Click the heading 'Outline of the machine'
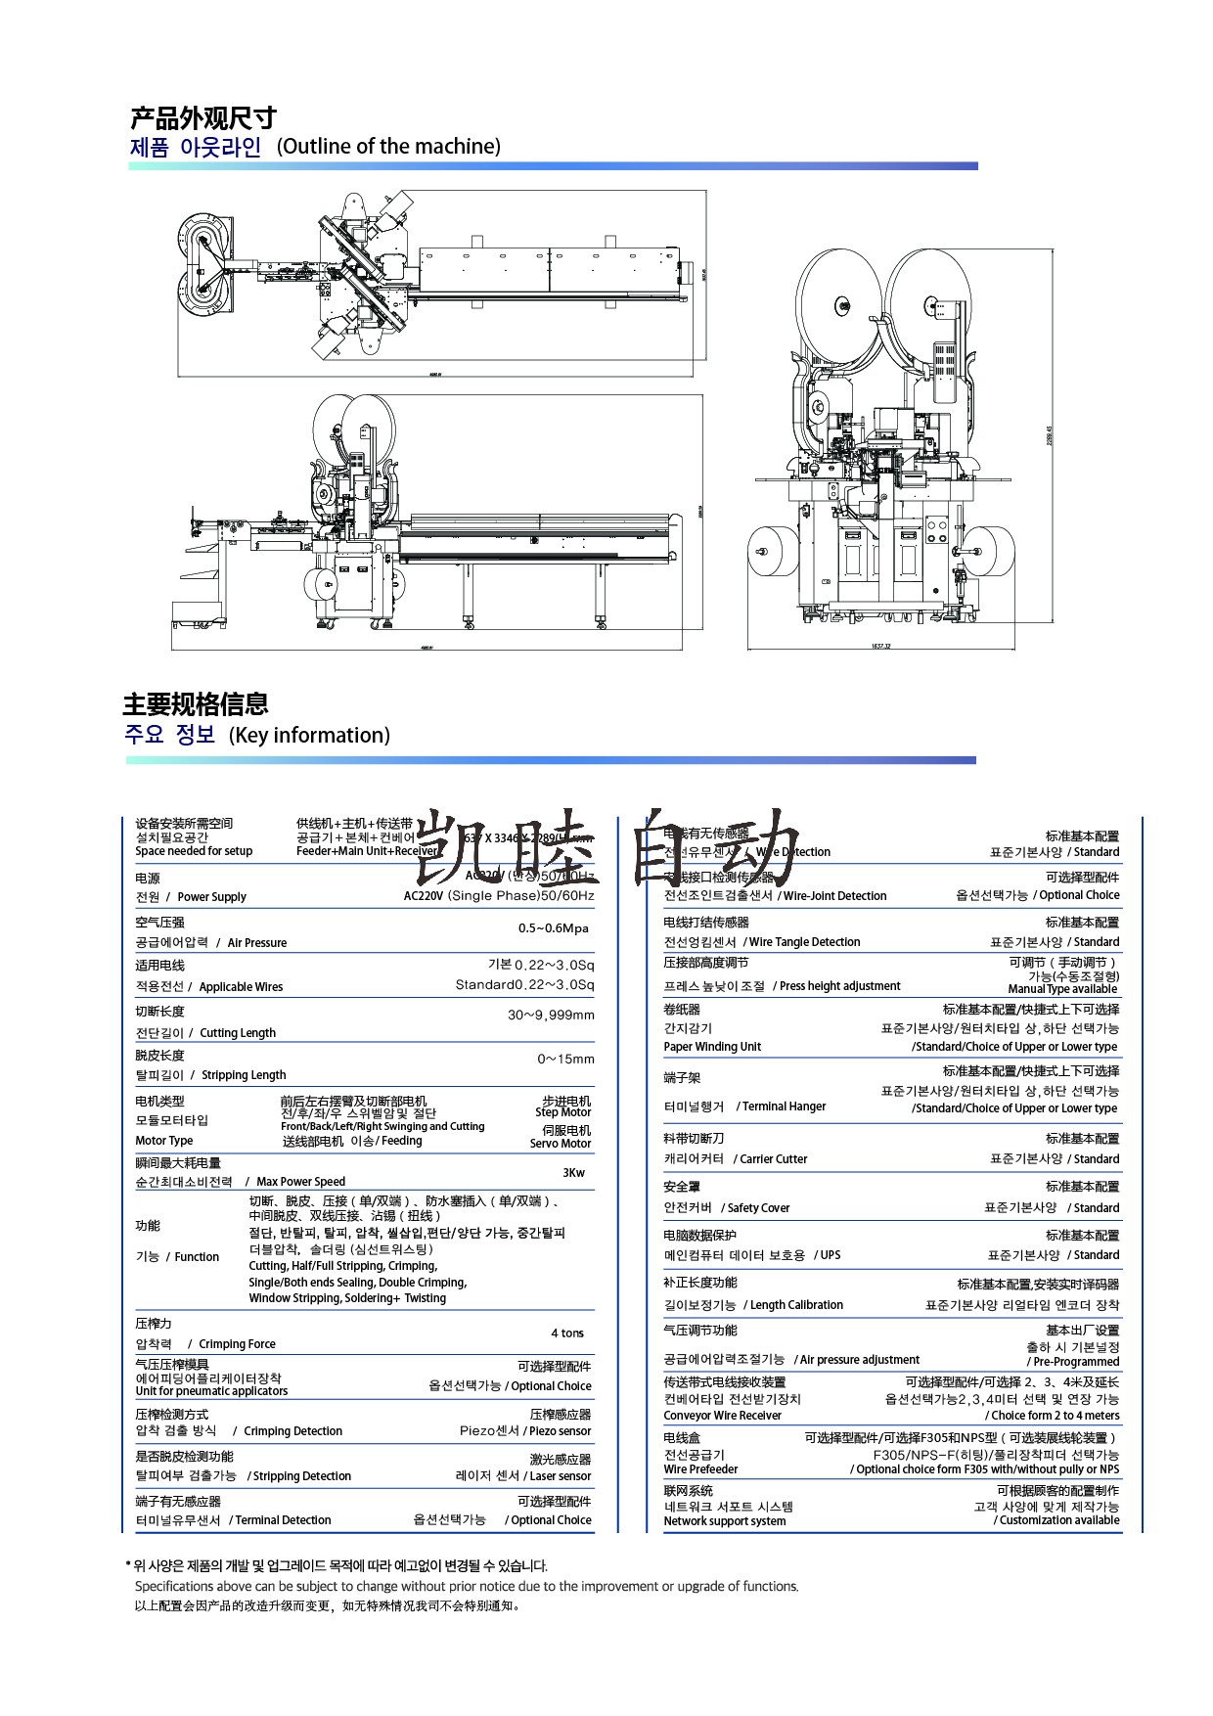click(x=388, y=147)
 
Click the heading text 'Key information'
click(x=309, y=736)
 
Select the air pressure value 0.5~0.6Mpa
click(x=553, y=928)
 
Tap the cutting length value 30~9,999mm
click(x=551, y=1015)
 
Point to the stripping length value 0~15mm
click(x=565, y=1059)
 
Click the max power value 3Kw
click(x=573, y=1173)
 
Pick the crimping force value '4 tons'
click(x=567, y=1332)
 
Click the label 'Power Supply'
click(x=211, y=897)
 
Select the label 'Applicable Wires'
click(x=241, y=987)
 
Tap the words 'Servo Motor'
click(x=561, y=1144)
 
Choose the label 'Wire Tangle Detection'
click(x=804, y=942)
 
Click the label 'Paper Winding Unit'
click(x=712, y=1047)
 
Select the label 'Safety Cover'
click(x=758, y=1208)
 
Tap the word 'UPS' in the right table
click(x=830, y=1255)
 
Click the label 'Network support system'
click(x=724, y=1521)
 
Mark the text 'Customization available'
click(x=1058, y=1520)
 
